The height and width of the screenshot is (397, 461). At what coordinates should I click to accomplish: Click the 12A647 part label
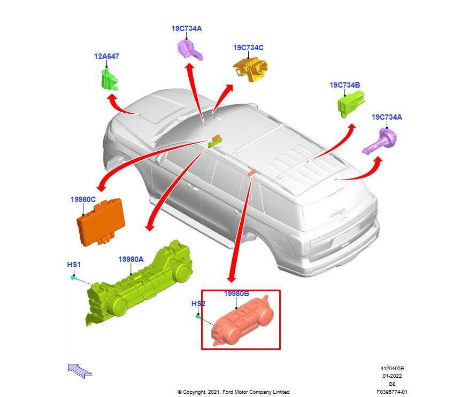[106, 56]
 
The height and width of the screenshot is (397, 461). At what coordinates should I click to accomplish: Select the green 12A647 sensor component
[110, 79]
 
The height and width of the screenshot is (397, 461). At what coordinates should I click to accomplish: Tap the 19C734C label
[248, 48]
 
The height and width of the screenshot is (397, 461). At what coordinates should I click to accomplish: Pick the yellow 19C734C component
[250, 70]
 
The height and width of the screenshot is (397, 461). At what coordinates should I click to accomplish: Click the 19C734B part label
[344, 85]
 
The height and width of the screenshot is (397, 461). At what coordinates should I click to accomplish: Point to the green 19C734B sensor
[351, 104]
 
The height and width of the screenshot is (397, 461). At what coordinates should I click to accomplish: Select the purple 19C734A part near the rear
[380, 142]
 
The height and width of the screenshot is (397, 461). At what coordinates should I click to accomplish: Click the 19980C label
[83, 199]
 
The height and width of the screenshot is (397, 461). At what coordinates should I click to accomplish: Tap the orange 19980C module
[101, 222]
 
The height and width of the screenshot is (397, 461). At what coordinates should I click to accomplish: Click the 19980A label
[131, 259]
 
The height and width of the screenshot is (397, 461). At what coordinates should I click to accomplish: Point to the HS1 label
[74, 264]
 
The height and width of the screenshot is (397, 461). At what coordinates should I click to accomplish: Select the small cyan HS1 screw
[74, 277]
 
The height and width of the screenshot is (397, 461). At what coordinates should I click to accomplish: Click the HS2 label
[198, 303]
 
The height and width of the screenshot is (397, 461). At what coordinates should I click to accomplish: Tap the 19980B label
[236, 294]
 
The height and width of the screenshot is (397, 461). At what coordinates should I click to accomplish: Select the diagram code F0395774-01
[392, 392]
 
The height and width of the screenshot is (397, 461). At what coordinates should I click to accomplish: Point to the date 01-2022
[392, 376]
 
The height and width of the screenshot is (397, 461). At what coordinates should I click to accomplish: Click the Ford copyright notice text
[233, 392]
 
